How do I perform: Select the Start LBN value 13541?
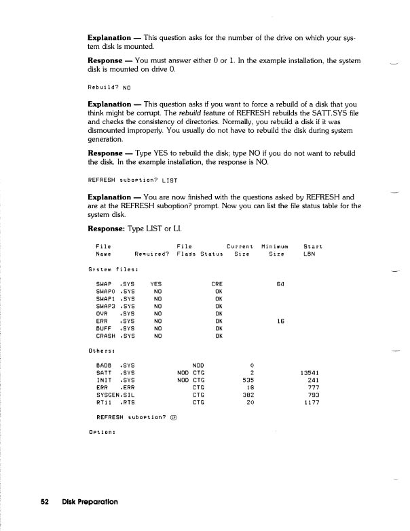(x=307, y=372)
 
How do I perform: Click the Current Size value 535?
(x=246, y=379)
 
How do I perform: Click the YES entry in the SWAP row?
(x=157, y=283)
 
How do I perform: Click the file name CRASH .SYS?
(x=115, y=336)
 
